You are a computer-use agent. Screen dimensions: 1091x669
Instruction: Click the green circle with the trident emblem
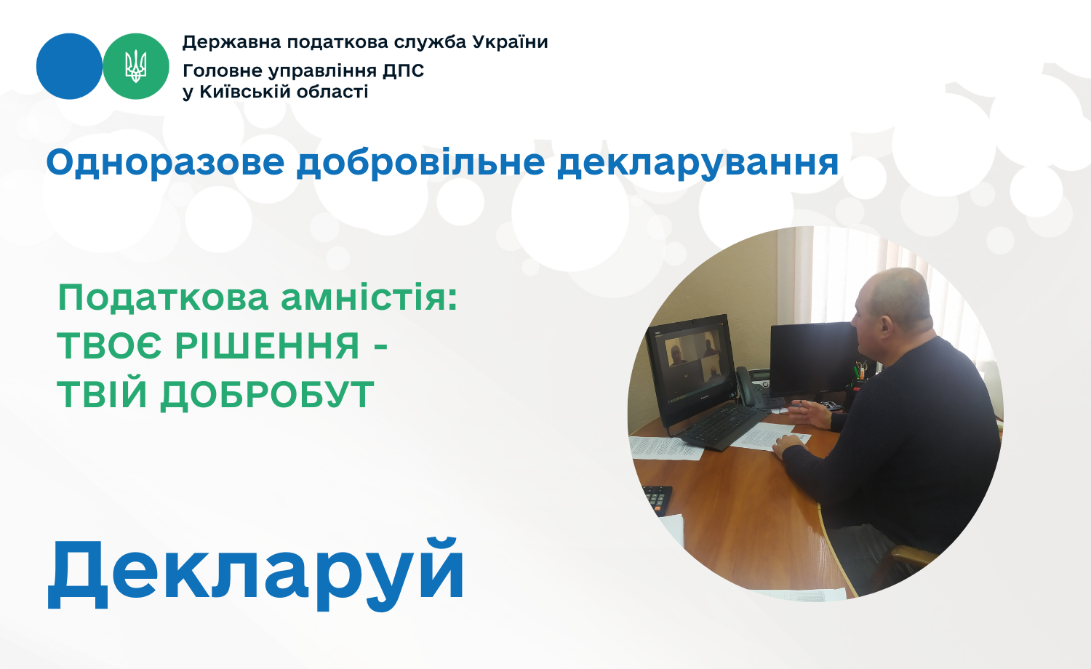(x=136, y=66)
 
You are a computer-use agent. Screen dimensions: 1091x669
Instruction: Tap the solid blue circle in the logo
(x=70, y=66)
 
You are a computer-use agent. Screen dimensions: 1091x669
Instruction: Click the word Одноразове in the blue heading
(x=166, y=163)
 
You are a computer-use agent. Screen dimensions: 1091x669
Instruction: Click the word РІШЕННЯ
(x=268, y=345)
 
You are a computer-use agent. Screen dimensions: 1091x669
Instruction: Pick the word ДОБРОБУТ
(x=267, y=394)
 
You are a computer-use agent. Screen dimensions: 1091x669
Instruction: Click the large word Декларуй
(x=256, y=574)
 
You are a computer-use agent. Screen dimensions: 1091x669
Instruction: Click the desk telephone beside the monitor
(x=753, y=387)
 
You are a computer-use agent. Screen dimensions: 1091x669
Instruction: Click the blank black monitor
(x=813, y=358)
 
